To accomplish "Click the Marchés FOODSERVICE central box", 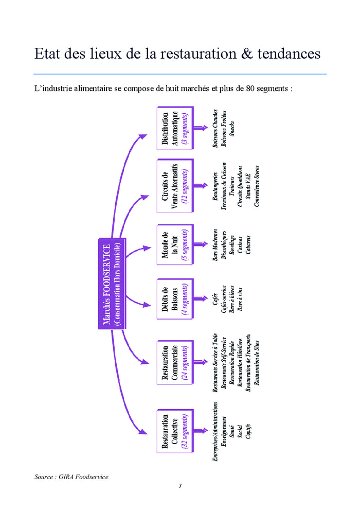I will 111,284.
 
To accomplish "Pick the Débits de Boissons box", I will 174,301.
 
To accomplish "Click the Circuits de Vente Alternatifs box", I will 174,185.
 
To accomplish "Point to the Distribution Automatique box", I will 174,129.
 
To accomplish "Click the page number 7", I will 180,486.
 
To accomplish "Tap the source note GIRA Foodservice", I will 71,477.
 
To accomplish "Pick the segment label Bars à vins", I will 240,301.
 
